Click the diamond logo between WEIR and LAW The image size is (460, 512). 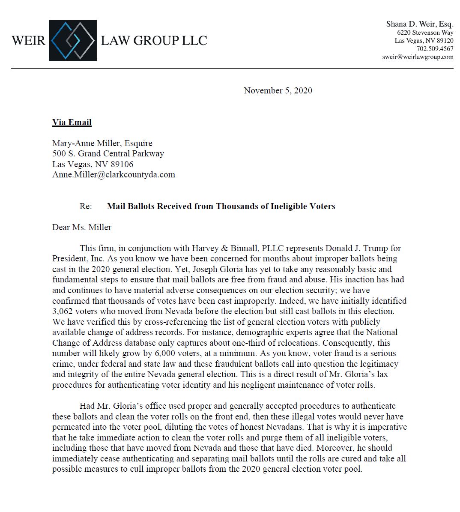click(x=73, y=40)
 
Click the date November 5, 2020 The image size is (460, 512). click(x=278, y=90)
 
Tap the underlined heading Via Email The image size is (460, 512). click(x=72, y=123)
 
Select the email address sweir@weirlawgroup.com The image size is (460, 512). click(x=418, y=57)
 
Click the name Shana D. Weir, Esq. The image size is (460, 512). click(x=420, y=24)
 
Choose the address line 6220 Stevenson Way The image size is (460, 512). click(x=425, y=33)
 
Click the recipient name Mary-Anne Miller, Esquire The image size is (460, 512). click(x=102, y=143)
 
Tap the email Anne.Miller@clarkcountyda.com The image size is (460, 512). click(x=114, y=174)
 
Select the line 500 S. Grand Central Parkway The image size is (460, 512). click(x=108, y=153)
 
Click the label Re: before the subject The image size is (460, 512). click(x=86, y=206)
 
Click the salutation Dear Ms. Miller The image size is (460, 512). click(x=82, y=227)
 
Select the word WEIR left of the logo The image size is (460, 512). click(x=28, y=41)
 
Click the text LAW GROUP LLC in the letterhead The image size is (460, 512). click(x=154, y=41)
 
